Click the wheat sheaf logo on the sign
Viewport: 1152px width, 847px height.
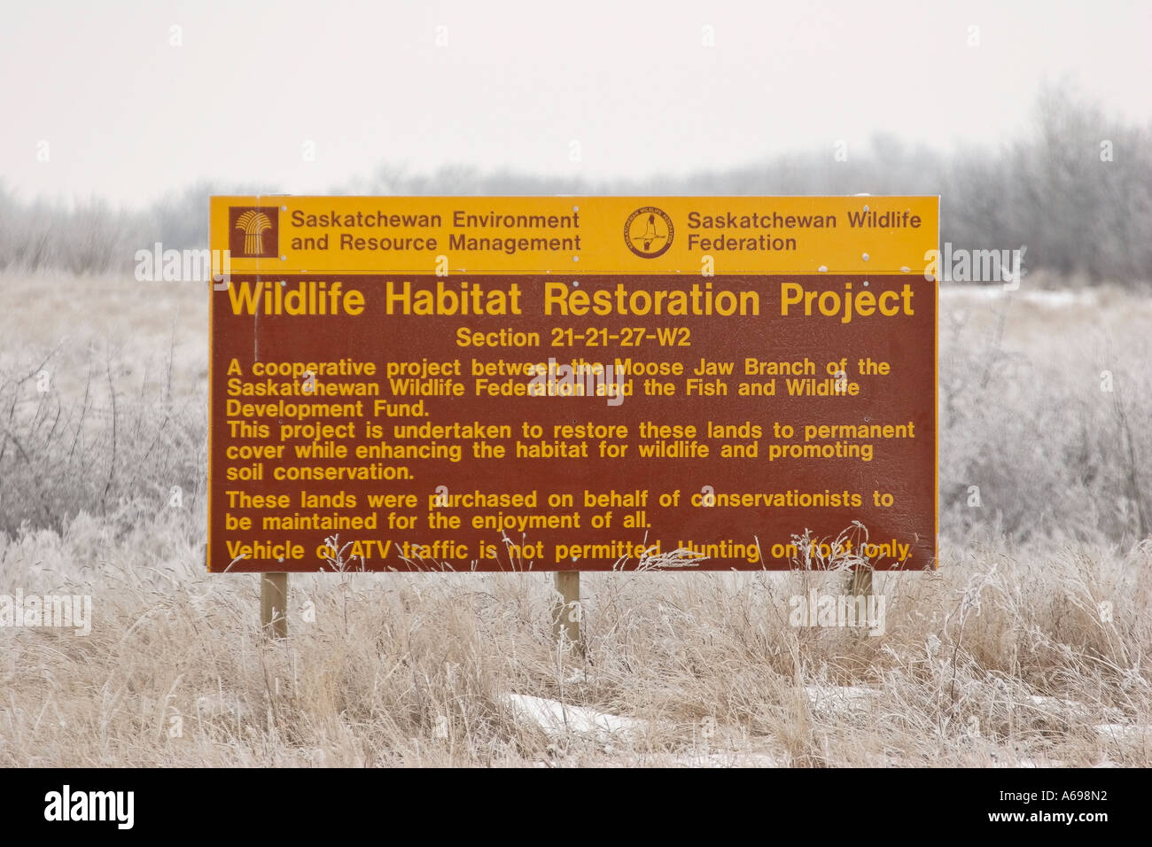tap(253, 232)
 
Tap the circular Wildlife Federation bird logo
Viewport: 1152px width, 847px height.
tap(648, 233)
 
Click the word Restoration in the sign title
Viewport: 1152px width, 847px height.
tap(651, 300)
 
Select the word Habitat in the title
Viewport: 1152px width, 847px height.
tap(453, 300)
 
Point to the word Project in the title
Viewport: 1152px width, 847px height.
tap(846, 301)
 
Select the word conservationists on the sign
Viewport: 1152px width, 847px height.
tap(776, 499)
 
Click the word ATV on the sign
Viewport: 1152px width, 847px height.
tap(370, 550)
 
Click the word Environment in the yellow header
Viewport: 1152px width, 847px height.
tap(516, 220)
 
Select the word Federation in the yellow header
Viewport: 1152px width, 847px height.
tap(742, 243)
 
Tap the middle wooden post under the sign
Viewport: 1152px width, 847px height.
tap(566, 605)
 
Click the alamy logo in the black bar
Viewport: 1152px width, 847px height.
tap(89, 807)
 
